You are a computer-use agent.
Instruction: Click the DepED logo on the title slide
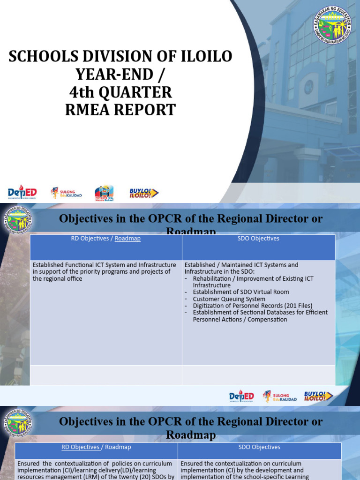click(22, 192)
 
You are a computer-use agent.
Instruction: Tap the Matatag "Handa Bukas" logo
click(104, 192)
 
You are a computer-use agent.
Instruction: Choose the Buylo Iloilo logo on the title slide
click(144, 193)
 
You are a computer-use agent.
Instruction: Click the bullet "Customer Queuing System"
click(229, 299)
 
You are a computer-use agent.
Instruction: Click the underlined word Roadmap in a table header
click(127, 239)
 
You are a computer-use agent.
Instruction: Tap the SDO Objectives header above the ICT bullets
click(259, 239)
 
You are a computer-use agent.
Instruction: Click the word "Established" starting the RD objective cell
click(48, 265)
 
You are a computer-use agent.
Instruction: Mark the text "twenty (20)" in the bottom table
click(135, 477)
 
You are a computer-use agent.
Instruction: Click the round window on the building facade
click(308, 87)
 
